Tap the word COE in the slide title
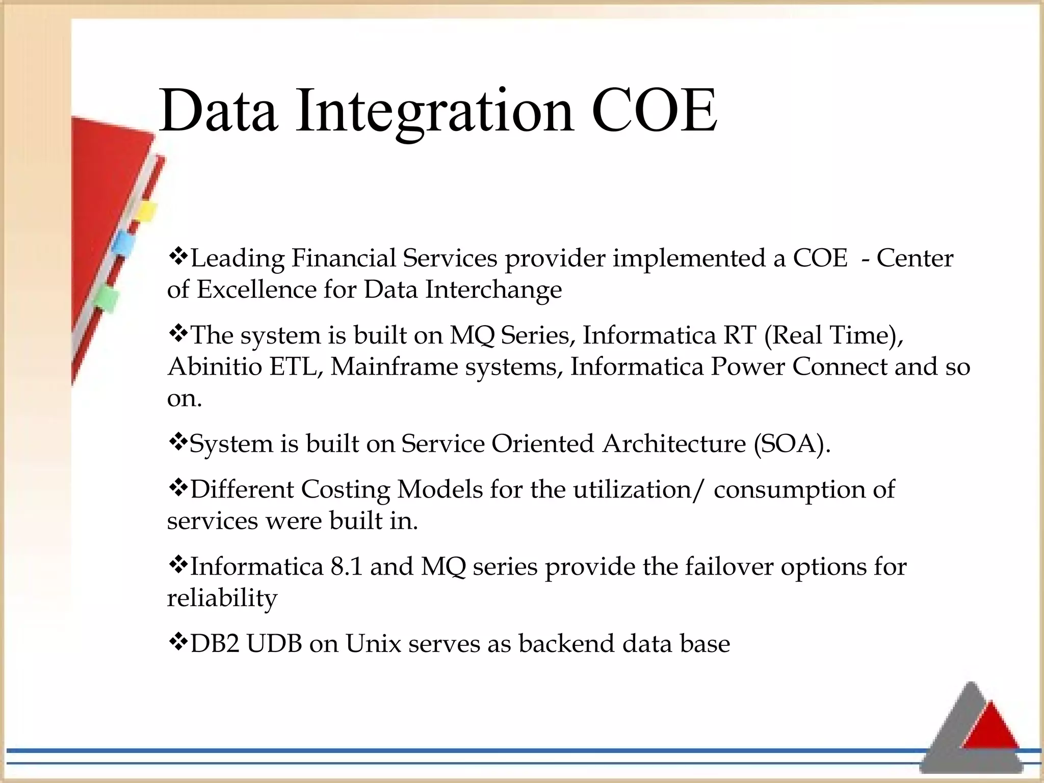pos(654,111)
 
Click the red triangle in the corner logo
pos(990,727)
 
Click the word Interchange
pos(493,290)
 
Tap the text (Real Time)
pos(834,335)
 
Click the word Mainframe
pos(394,367)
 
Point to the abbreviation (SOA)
pos(792,443)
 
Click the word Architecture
pos(674,443)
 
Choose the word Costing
pos(346,489)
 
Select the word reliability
pos(222,598)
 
